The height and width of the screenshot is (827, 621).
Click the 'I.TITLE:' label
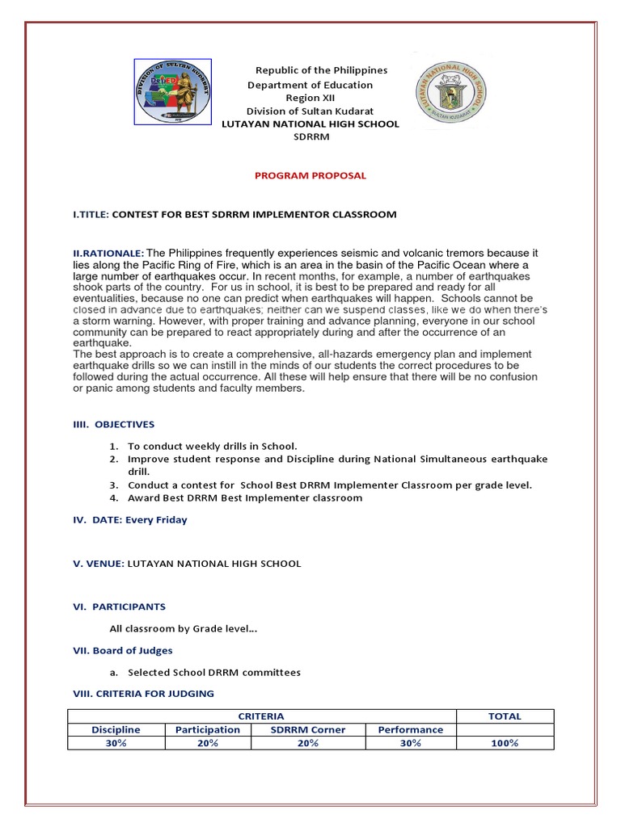91,214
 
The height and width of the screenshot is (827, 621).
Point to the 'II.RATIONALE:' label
109,254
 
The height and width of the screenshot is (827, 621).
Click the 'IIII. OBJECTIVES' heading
114,424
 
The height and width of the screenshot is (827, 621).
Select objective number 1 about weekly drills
213,446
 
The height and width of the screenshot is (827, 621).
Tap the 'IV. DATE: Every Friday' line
131,520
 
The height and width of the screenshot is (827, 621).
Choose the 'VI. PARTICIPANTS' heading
120,607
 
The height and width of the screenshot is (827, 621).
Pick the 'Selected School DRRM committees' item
214,672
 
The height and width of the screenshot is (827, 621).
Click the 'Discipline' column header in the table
116,729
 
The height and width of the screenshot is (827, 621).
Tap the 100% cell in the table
505,743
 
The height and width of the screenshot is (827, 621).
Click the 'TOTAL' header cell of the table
505,716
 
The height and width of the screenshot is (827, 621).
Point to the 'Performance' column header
410,729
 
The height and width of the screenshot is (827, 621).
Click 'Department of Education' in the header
310,85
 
